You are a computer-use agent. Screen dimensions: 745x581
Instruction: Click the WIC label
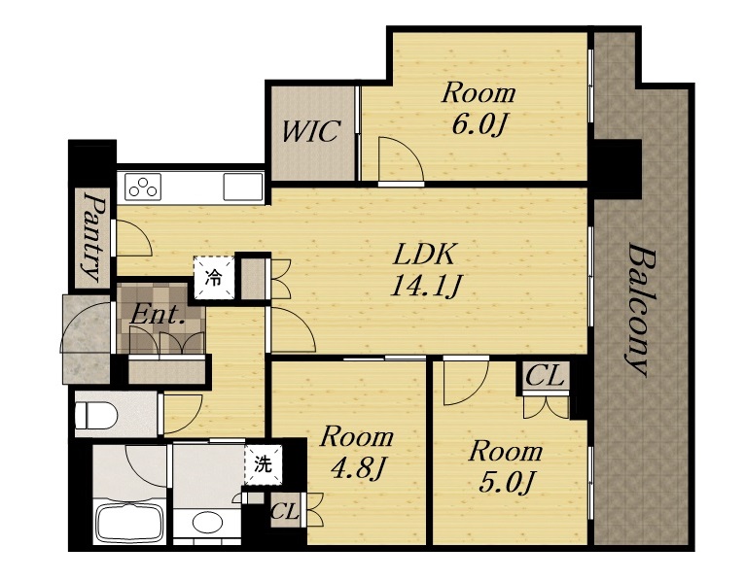pyautogui.click(x=311, y=131)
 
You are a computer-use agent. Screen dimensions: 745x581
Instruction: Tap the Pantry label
pyautogui.click(x=92, y=236)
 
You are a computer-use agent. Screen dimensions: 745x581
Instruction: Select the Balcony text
pyautogui.click(x=639, y=310)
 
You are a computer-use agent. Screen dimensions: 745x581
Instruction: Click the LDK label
pyautogui.click(x=424, y=254)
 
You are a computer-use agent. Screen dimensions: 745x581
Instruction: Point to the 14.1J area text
pyautogui.click(x=424, y=287)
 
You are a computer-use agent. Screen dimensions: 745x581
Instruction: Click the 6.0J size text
pyautogui.click(x=479, y=124)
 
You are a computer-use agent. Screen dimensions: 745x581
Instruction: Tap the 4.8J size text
pyautogui.click(x=357, y=469)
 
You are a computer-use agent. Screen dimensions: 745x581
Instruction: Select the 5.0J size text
pyautogui.click(x=506, y=482)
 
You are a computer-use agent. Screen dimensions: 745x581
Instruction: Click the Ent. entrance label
pyautogui.click(x=157, y=314)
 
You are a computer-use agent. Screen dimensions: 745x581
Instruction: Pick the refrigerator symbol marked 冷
pyautogui.click(x=214, y=278)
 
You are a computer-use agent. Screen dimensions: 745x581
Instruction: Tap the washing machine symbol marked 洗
pyautogui.click(x=264, y=464)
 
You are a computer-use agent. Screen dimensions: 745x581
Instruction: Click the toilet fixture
pyautogui.click(x=96, y=415)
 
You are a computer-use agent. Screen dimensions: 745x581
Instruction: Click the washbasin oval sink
pyautogui.click(x=207, y=523)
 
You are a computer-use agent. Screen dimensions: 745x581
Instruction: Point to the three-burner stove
pyautogui.click(x=143, y=187)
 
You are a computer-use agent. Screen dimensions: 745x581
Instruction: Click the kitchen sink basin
pyautogui.click(x=243, y=187)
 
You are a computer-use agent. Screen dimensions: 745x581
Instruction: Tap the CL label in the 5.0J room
pyautogui.click(x=545, y=375)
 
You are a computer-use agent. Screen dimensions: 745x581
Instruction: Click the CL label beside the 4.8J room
pyautogui.click(x=285, y=512)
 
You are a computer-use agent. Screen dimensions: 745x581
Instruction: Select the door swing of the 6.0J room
pyautogui.click(x=401, y=159)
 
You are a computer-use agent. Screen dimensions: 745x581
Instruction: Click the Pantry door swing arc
pyautogui.click(x=134, y=239)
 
